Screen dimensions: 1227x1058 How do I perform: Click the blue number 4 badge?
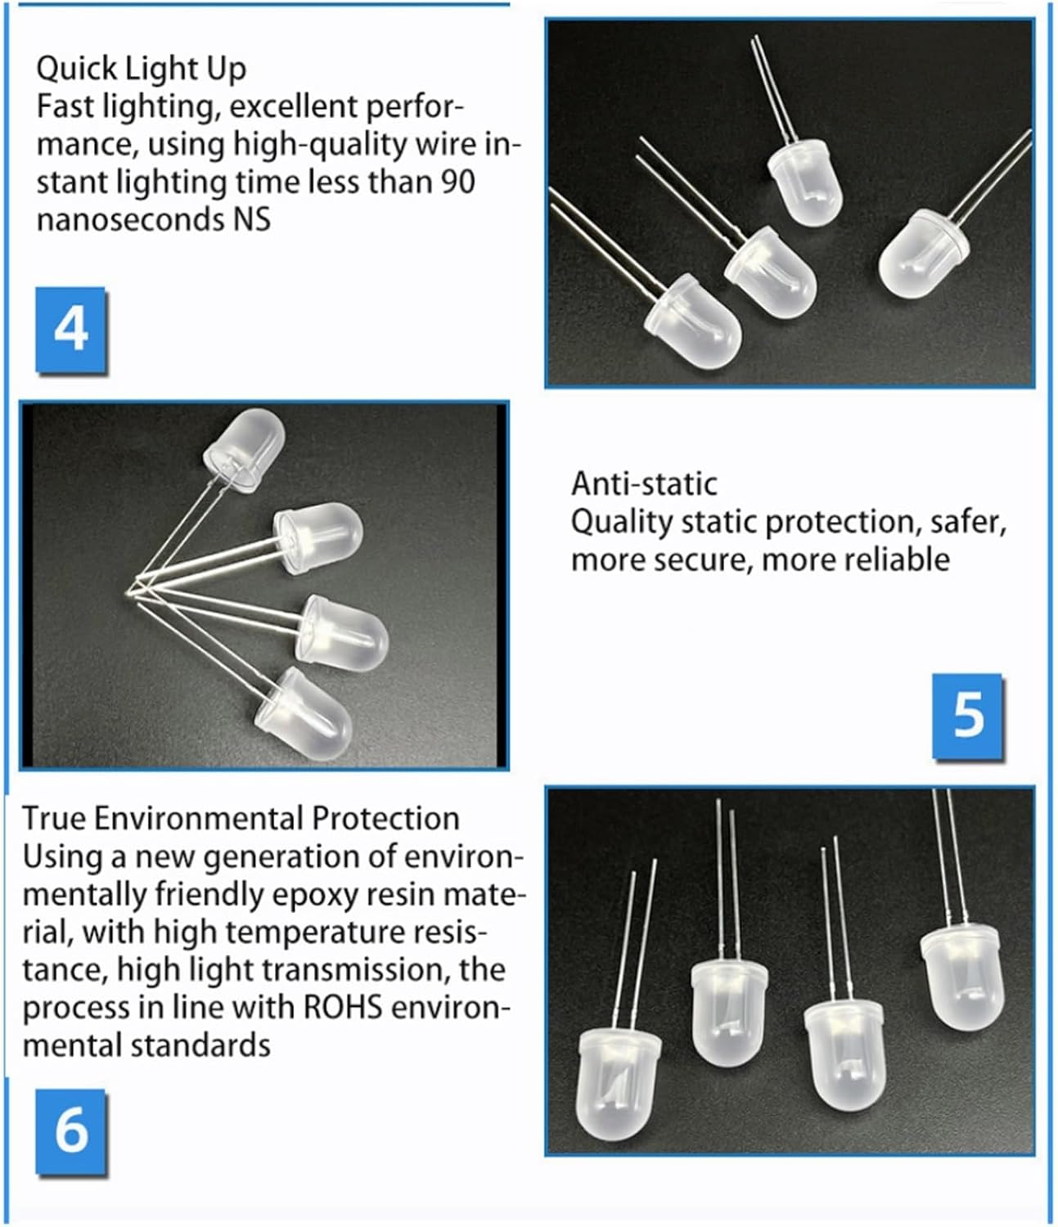71,330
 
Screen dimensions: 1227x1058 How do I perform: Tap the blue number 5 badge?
969,716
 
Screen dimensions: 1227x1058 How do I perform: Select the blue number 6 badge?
71,1132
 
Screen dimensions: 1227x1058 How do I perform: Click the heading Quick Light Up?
141,69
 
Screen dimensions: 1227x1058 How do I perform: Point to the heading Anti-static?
644,484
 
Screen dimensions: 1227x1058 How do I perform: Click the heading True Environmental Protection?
241,819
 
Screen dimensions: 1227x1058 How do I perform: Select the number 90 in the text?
458,182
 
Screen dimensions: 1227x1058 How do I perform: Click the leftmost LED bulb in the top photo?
694,321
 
